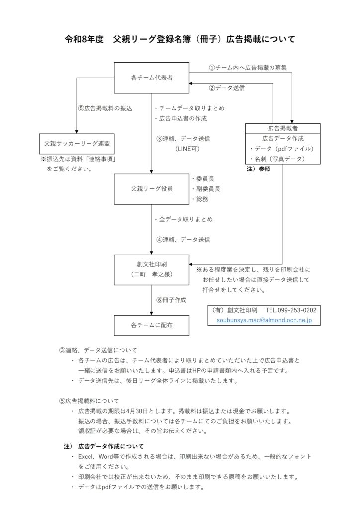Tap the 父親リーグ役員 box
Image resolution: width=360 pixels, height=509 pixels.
(152, 189)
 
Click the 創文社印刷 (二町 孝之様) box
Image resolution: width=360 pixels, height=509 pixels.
(152, 269)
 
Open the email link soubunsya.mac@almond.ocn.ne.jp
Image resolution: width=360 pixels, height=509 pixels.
(264, 321)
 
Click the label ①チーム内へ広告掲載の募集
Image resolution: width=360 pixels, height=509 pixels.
(247, 67)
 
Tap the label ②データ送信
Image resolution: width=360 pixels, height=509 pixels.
(226, 88)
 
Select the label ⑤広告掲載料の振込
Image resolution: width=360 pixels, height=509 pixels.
(105, 108)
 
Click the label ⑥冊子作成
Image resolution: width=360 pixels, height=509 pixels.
(171, 300)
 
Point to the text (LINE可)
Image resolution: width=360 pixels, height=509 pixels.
(186, 148)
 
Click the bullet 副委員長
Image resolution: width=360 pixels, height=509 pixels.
(206, 189)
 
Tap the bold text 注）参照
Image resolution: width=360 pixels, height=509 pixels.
(259, 170)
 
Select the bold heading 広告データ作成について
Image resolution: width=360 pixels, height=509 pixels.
(110, 446)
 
